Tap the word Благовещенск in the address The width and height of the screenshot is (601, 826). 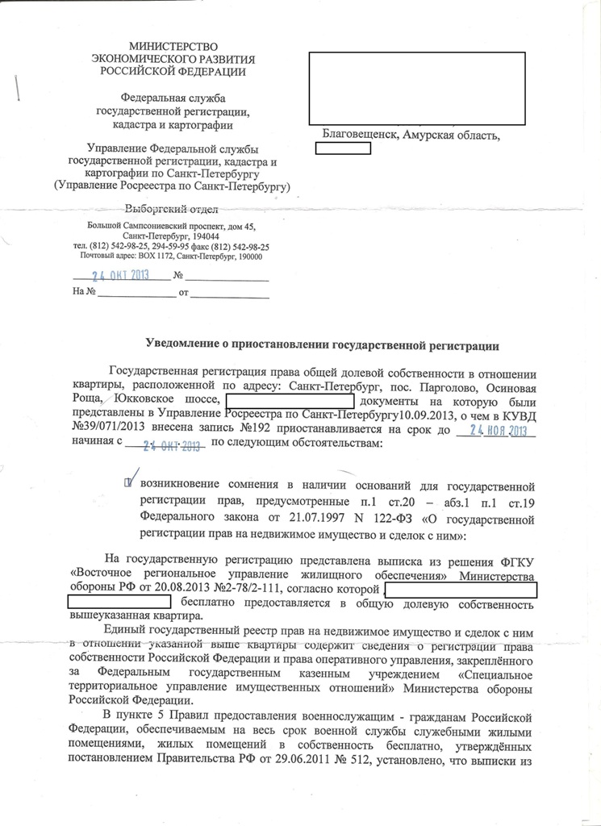[358, 134]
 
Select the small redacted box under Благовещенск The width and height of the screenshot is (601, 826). [342, 148]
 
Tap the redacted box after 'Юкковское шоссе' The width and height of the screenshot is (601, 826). [290, 401]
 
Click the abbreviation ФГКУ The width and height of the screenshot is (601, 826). [518, 561]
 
